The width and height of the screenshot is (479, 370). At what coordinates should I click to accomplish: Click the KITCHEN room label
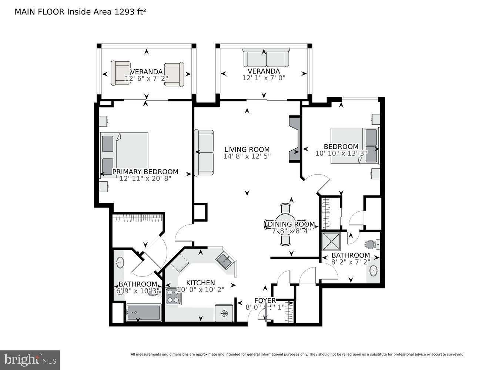point(200,283)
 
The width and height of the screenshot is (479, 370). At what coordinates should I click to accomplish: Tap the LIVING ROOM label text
point(247,149)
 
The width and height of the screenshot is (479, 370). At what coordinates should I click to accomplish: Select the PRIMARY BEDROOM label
point(145,172)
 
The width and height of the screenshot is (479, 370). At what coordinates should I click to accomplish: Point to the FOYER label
point(265,300)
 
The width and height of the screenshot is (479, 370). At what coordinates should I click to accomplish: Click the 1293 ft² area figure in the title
point(129,12)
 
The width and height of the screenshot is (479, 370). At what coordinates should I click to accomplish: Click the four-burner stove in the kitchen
point(173,296)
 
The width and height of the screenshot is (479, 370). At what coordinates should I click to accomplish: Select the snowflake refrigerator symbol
point(224,313)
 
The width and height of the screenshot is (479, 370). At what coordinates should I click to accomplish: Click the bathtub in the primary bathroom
point(144,312)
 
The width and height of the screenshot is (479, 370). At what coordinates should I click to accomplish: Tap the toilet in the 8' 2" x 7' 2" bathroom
point(372,244)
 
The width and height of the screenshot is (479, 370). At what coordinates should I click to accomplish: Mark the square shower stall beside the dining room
point(331,241)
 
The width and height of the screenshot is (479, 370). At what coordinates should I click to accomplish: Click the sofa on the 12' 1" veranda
point(265,57)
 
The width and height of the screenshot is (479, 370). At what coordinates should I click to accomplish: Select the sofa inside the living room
point(204,152)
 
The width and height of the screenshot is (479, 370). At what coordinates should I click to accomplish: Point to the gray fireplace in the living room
point(294,139)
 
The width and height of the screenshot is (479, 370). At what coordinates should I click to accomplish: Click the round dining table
point(285,224)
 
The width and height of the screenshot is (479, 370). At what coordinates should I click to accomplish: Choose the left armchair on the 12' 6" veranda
point(120,73)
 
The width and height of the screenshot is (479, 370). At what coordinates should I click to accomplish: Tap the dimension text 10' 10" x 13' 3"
point(341,153)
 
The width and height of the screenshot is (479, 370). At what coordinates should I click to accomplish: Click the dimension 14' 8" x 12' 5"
point(247,156)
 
